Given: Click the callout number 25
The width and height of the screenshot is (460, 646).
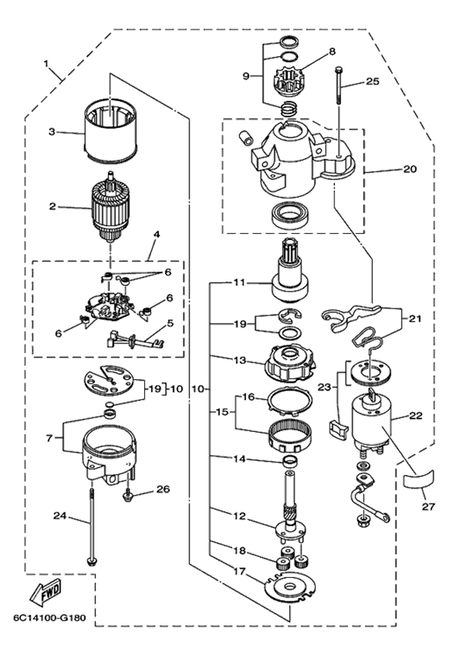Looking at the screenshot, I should [x=372, y=81].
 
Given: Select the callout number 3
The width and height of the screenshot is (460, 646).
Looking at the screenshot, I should [x=52, y=131].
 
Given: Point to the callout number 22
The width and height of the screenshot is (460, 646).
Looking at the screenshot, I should [x=416, y=416].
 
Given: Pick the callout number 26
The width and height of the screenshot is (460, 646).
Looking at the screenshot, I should [x=163, y=489].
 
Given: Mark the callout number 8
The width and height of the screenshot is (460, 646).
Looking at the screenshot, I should [x=332, y=51].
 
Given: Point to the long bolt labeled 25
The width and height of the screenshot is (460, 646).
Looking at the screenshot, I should [x=337, y=115].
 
